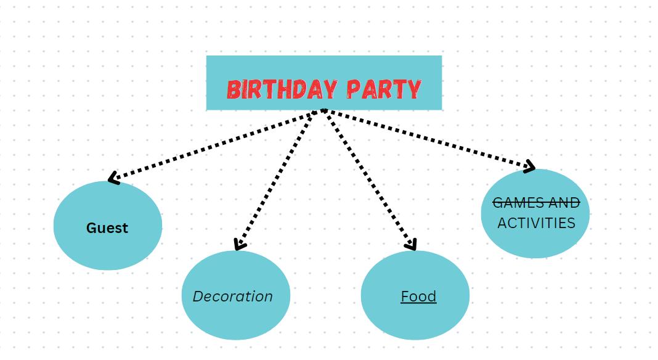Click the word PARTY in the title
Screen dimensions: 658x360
tap(383, 89)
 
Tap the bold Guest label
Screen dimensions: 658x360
tap(107, 228)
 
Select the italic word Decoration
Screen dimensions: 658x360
tap(232, 297)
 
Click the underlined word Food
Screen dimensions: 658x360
tap(418, 297)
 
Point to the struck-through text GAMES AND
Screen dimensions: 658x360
tap(536, 203)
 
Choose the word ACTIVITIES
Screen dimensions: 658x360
tap(536, 223)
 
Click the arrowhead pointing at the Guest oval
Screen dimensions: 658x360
tap(112, 179)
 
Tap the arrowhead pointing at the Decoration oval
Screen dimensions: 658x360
tap(239, 246)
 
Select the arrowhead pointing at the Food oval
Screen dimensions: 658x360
tap(412, 246)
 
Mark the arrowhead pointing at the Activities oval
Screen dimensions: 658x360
tap(530, 166)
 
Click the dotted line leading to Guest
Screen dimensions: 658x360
tap(216, 145)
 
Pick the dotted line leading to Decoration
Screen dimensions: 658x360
tap(280, 179)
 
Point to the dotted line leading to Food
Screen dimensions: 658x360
tap(368, 179)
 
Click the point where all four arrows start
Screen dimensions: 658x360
tap(323, 111)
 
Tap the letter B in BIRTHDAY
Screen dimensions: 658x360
tap(233, 89)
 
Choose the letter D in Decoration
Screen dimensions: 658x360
tap(198, 297)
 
